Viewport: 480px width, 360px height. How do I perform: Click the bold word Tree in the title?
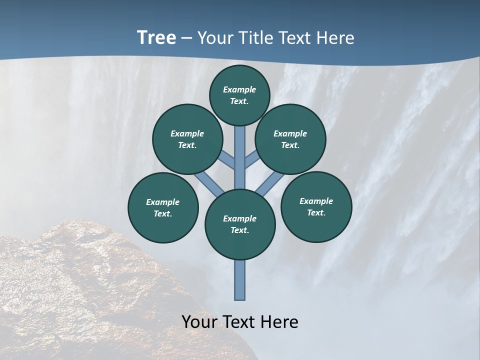point(156,38)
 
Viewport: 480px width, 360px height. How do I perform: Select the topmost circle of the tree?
point(239,95)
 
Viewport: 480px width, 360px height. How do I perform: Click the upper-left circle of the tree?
point(187,139)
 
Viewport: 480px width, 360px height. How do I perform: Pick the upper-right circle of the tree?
point(290,139)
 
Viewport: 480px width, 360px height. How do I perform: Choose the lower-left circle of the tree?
point(163,207)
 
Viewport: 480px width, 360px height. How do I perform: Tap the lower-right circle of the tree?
point(316,206)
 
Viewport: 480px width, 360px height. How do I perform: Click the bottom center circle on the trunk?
point(240,224)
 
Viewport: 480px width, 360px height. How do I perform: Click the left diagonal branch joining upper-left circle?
point(228,160)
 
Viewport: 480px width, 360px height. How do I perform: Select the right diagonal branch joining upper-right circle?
point(251,160)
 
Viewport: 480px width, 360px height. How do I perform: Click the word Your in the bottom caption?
point(199,322)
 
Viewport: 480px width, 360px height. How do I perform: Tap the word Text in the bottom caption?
point(238,322)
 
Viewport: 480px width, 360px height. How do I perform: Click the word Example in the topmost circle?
point(239,89)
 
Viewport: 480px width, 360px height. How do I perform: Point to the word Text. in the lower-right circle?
point(316,212)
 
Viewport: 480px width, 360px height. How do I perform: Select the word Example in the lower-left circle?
point(162,202)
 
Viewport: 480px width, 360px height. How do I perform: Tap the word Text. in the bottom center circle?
point(239,230)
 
